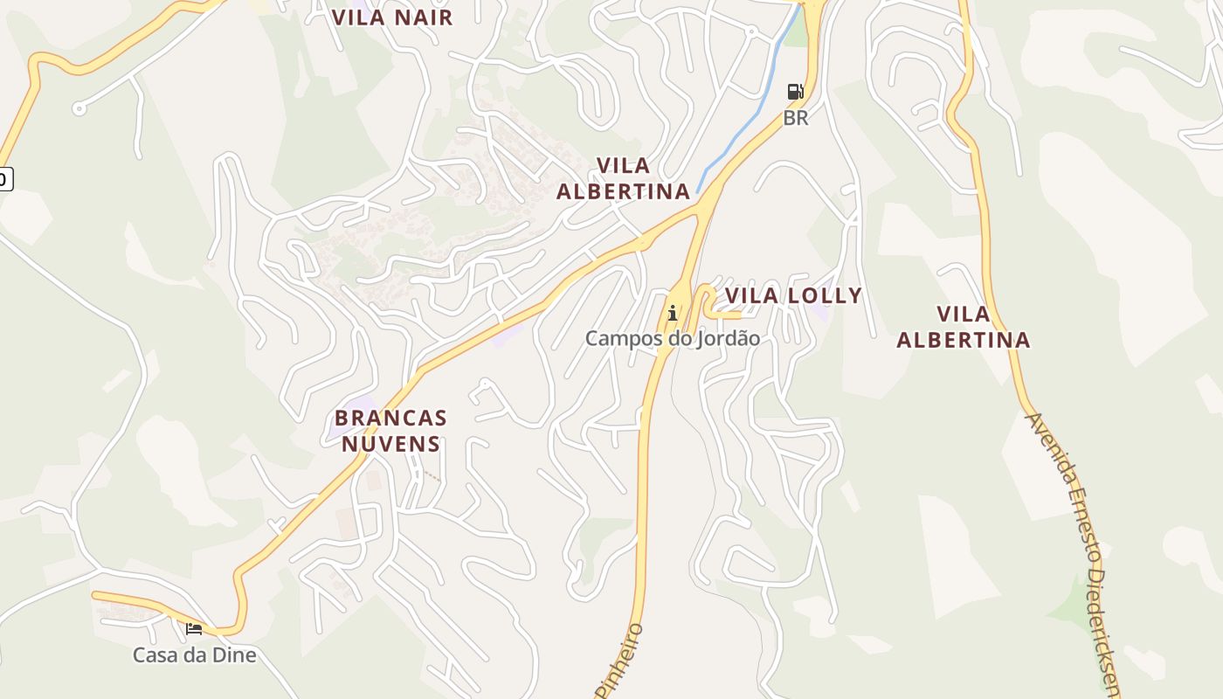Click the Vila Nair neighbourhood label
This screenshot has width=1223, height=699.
[x=393, y=17]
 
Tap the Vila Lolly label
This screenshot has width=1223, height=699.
[x=793, y=295]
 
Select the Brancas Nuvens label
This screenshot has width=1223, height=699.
[x=390, y=431]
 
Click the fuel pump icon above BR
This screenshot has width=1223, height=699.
[x=795, y=92]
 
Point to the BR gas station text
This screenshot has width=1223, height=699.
[x=796, y=118]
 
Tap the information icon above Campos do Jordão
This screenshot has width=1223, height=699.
[x=672, y=313]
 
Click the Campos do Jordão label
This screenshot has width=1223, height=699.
[x=672, y=338]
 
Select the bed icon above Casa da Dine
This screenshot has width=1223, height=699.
[x=194, y=628]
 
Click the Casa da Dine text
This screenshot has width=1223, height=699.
[x=194, y=654]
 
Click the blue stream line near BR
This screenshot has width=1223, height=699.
[x=743, y=131]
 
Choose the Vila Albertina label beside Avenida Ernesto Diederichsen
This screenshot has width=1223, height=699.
[x=963, y=327]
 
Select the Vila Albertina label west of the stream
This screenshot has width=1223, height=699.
[x=623, y=178]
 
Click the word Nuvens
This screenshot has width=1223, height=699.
[x=390, y=444]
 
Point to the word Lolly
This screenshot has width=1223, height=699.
[x=825, y=295]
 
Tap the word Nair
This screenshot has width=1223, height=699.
[x=424, y=17]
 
